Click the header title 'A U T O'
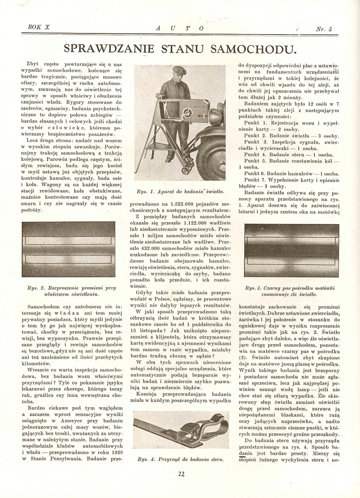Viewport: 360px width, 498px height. tap(180, 28)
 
